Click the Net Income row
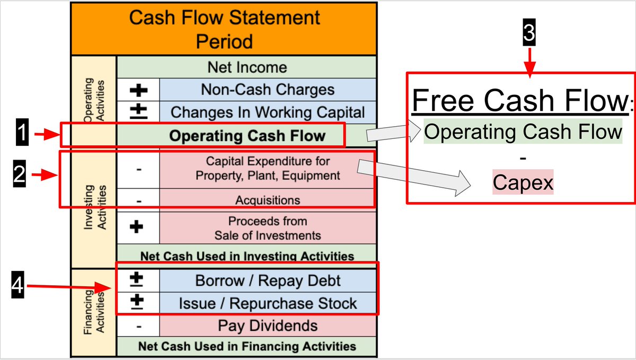tap(246, 67)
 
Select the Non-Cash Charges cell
tap(268, 90)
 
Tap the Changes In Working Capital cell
tap(268, 112)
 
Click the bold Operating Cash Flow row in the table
tap(246, 136)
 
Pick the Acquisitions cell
tap(268, 200)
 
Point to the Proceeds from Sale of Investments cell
tap(268, 228)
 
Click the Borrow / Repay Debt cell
tap(268, 280)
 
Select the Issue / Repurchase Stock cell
tap(268, 304)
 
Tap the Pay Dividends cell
tap(268, 326)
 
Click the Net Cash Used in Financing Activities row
tap(246, 346)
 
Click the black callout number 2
tap(20, 175)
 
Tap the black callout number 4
tap(17, 288)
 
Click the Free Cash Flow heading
tap(519, 100)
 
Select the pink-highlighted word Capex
tap(523, 183)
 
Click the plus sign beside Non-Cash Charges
tap(138, 90)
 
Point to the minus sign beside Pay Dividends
tap(138, 326)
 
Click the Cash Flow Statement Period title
tap(225, 29)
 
